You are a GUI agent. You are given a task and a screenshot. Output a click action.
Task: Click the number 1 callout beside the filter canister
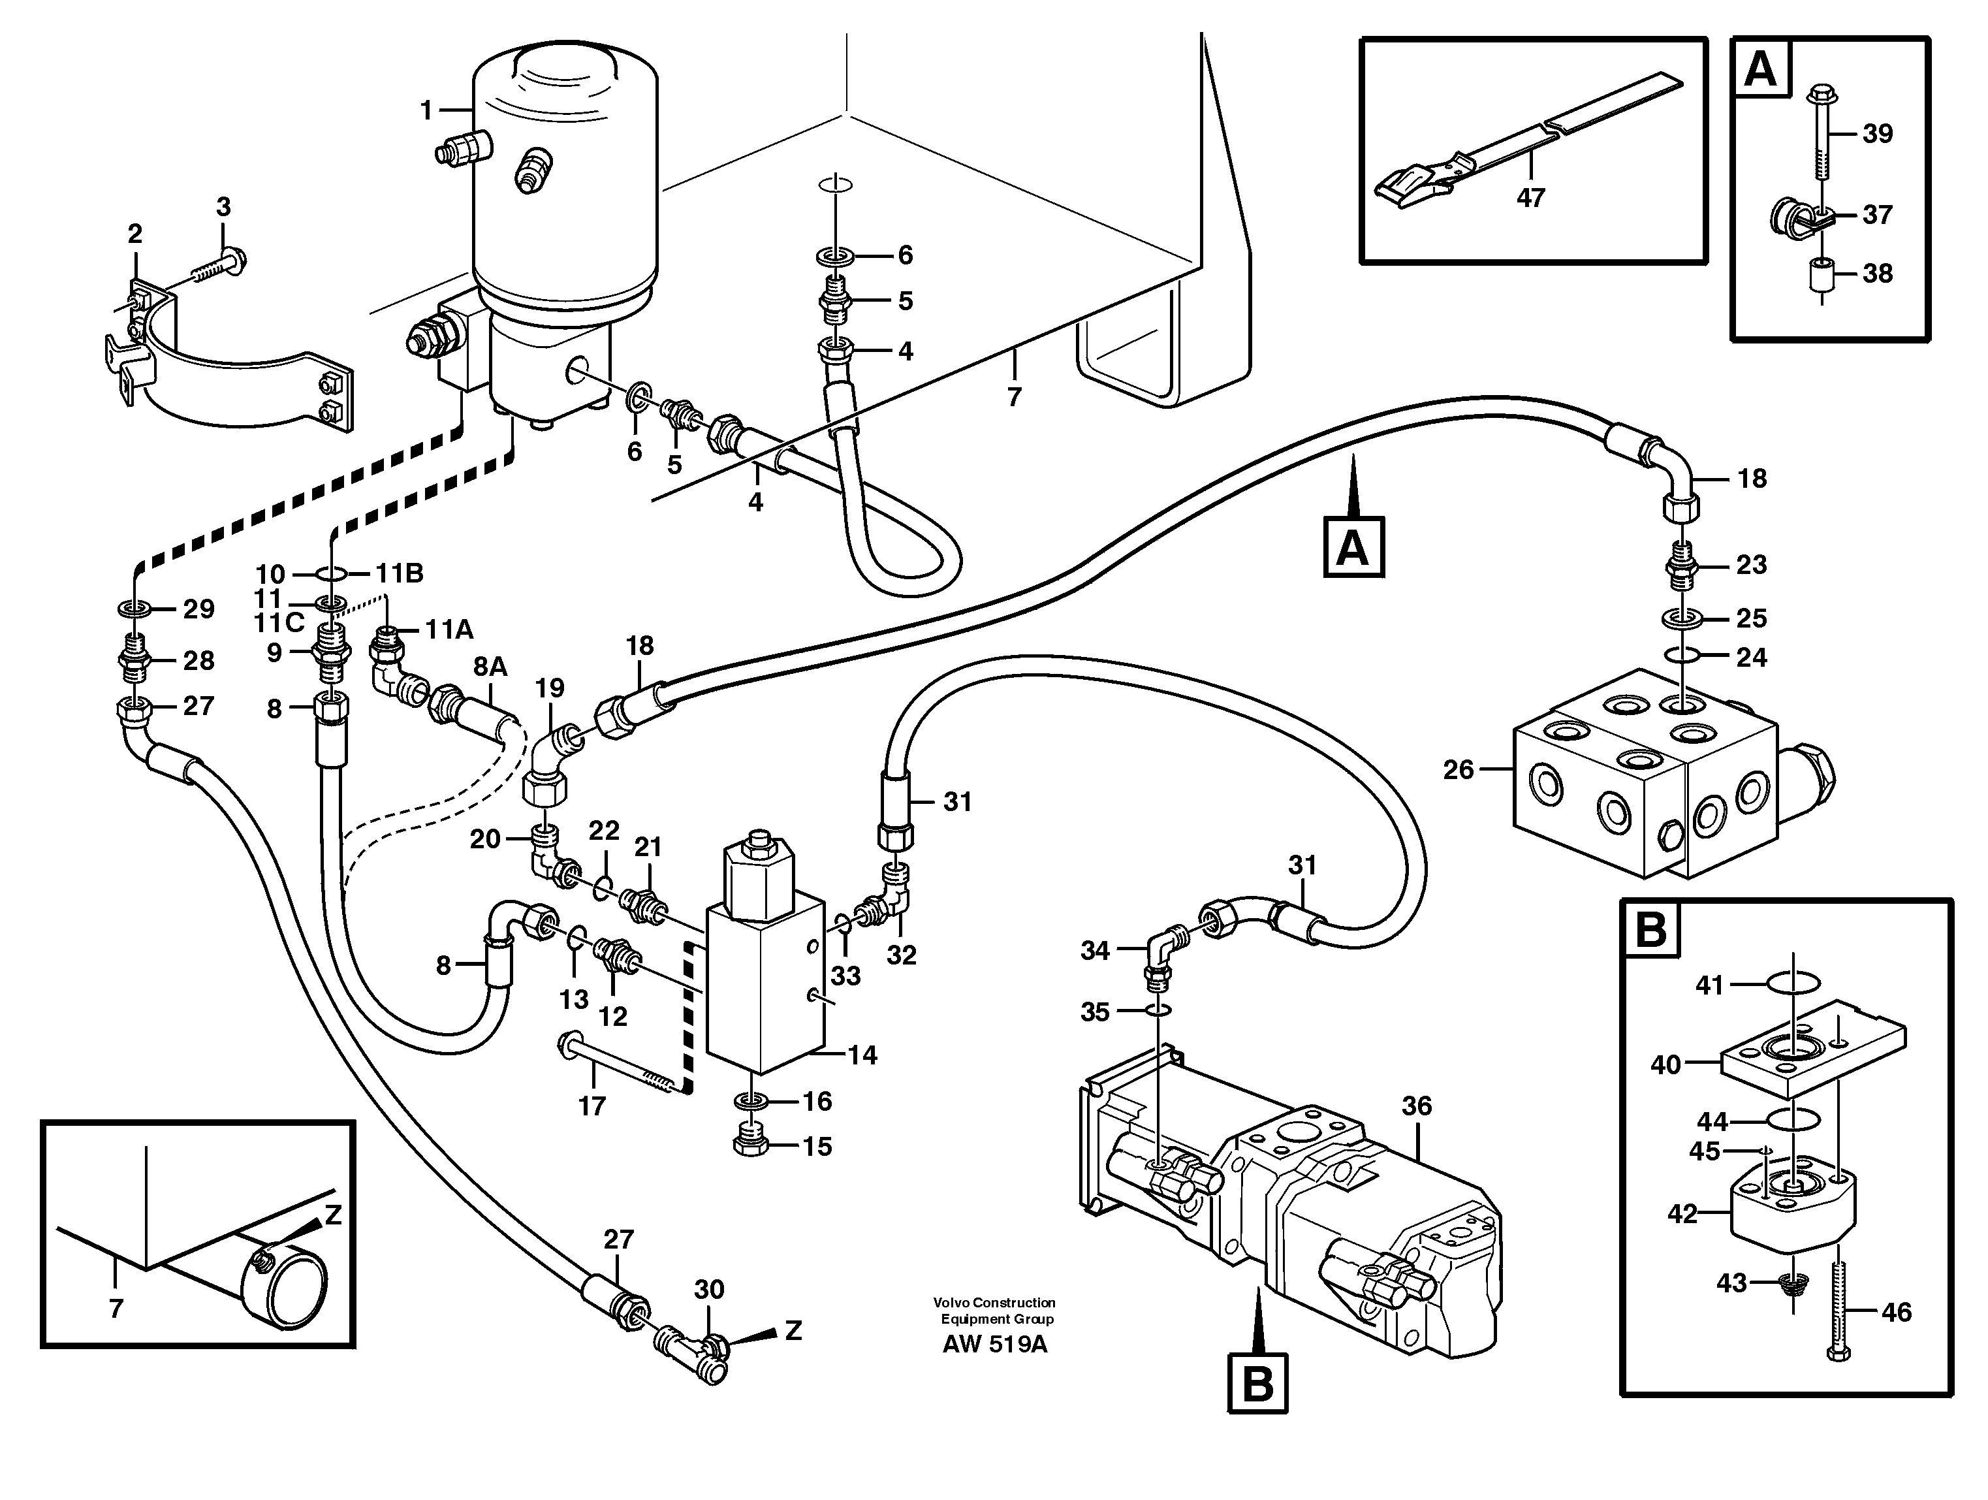[427, 110]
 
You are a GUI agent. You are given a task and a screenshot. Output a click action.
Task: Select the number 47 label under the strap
[1530, 198]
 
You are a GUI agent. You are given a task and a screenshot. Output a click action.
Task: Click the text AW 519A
[995, 1345]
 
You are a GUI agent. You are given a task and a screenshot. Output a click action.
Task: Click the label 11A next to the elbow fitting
[449, 629]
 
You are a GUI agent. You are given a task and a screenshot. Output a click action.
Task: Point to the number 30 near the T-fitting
[709, 1290]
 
